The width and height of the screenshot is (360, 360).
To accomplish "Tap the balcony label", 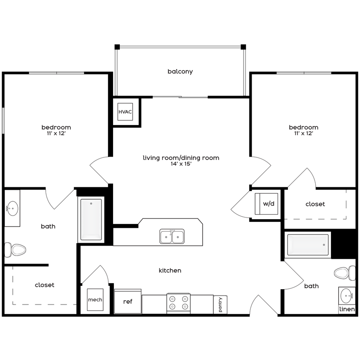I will [x=180, y=72].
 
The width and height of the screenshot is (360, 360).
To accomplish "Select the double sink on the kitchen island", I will [x=172, y=236].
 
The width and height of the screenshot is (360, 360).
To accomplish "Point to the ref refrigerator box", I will [x=128, y=302].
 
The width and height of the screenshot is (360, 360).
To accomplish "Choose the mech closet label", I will [x=95, y=300].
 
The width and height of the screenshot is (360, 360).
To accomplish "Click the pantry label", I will [x=220, y=305].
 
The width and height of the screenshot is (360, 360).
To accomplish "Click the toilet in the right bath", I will [x=345, y=272].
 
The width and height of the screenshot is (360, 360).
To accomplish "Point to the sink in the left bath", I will [x=12, y=209].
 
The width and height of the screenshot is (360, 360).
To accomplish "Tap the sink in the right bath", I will [x=347, y=295].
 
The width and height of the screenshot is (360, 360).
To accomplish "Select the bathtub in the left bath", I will [x=91, y=220].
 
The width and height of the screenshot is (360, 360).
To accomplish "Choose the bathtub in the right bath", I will [x=308, y=245].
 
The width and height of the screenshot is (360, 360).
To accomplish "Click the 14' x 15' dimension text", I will [x=181, y=164].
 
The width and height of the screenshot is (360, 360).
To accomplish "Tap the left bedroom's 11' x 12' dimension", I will [x=56, y=134].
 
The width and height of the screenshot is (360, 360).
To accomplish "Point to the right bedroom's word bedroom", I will [x=303, y=127].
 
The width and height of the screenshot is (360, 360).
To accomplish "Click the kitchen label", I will [x=170, y=270].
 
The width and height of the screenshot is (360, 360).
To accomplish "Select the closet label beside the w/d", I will [x=315, y=204].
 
